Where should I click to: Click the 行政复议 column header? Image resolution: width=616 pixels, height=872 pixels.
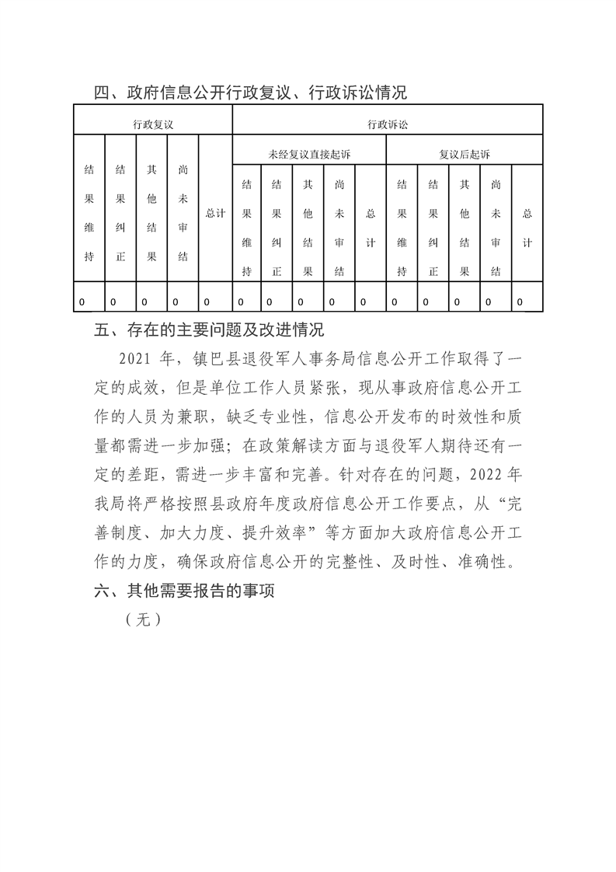tap(152, 124)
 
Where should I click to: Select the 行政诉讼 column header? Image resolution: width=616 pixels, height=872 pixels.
tap(388, 124)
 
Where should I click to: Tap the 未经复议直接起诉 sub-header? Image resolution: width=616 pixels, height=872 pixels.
tap(309, 155)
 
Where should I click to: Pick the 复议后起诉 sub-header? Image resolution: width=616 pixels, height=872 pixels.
tap(465, 155)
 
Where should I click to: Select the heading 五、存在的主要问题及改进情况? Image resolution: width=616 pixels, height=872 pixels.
tap(208, 330)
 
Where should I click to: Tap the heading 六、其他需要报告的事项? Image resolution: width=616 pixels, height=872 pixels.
tap(186, 591)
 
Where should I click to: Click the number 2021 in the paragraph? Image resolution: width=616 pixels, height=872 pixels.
tap(138, 360)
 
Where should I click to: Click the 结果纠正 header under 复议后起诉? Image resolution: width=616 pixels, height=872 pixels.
tap(433, 228)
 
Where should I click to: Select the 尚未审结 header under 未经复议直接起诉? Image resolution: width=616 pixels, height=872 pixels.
tap(339, 228)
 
